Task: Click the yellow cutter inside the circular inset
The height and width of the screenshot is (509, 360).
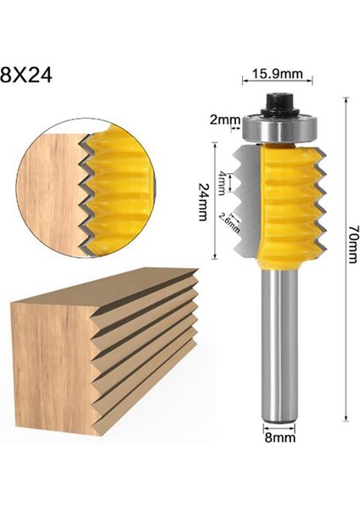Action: (119, 191)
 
